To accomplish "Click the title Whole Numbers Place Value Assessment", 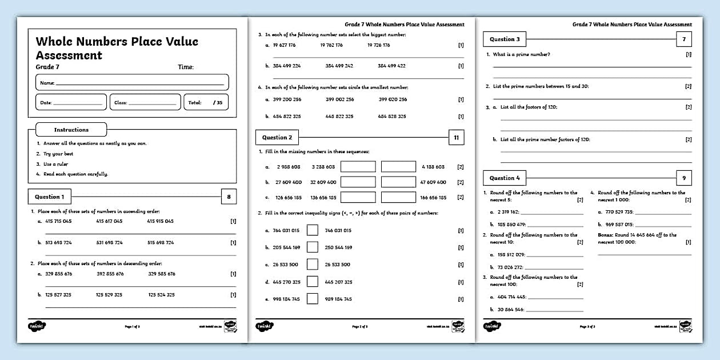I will click(117, 48).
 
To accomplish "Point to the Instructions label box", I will click(71, 130).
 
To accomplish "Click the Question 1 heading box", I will click(50, 197).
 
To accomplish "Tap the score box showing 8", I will click(229, 197).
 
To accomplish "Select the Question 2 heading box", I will click(277, 137).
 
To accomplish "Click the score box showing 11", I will click(456, 137).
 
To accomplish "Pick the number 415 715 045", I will click(58, 221).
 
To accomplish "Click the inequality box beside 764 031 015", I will click(312, 230).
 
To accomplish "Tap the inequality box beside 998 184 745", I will click(312, 298).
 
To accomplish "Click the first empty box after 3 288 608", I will click(358, 166).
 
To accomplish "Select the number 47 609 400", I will click(433, 182).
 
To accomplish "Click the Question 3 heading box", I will click(505, 39).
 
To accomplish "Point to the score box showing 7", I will click(683, 39).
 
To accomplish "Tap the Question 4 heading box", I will click(505, 178).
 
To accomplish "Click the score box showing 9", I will click(683, 178).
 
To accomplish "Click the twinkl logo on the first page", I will click(37, 326).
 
